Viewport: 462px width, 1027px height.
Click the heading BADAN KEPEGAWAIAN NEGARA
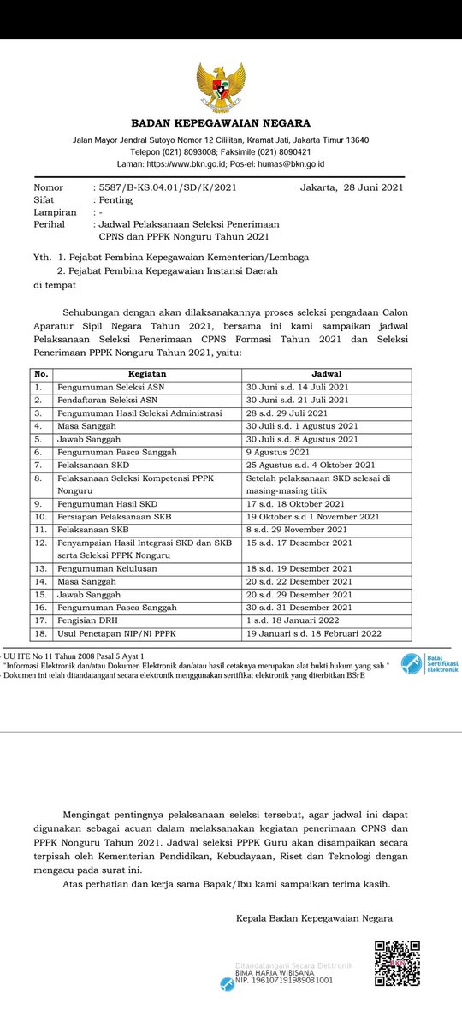pyautogui.click(x=221, y=123)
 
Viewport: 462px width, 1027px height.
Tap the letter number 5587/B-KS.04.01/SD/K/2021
pyautogui.click(x=164, y=187)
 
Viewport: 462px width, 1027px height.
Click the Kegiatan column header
pyautogui.click(x=147, y=374)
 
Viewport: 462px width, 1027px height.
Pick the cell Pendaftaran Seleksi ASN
pyautogui.click(x=106, y=400)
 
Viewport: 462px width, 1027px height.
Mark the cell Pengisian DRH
pyautogui.click(x=87, y=620)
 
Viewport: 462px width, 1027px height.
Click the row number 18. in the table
pyautogui.click(x=39, y=633)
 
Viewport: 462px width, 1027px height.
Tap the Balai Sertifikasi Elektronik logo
pyautogui.click(x=430, y=664)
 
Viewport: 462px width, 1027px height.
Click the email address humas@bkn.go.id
pyautogui.click(x=291, y=163)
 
